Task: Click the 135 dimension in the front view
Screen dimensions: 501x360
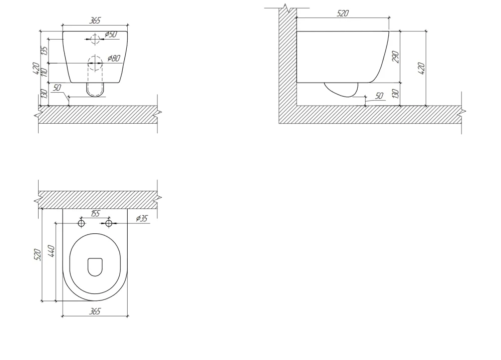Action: coord(45,51)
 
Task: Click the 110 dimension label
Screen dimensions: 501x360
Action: coord(45,72)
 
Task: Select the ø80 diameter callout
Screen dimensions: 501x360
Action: coord(114,58)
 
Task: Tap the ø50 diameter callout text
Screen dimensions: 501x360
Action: coord(111,34)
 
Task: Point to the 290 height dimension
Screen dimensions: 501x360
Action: coord(396,57)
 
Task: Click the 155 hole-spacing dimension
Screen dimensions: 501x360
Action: coord(95,213)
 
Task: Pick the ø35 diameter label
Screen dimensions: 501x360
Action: coord(142,218)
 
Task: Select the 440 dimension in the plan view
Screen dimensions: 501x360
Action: coord(52,251)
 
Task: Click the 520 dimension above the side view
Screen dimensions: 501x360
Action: coord(343,14)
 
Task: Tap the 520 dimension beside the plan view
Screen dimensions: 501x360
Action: coord(38,254)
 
